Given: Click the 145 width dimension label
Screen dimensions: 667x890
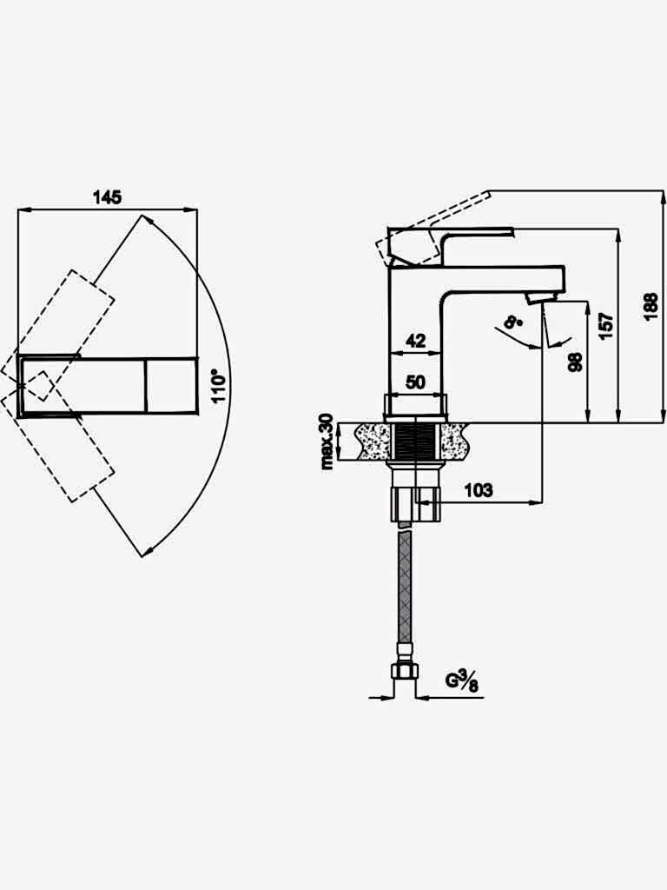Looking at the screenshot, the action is [x=107, y=197].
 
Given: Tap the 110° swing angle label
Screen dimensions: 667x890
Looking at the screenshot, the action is [x=218, y=386].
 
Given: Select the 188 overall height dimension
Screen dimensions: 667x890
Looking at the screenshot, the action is [x=651, y=307].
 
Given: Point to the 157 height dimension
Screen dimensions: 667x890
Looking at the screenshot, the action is [x=606, y=325].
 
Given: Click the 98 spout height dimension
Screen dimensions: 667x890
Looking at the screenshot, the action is [x=575, y=362].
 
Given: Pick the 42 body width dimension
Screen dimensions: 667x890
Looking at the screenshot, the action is [x=416, y=341].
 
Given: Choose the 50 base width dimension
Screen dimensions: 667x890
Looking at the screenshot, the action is [x=416, y=382].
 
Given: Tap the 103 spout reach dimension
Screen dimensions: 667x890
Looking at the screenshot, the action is [x=479, y=490].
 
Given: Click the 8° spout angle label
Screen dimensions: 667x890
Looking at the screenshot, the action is [x=513, y=323].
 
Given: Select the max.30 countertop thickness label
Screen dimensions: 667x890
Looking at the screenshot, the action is [x=327, y=442].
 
